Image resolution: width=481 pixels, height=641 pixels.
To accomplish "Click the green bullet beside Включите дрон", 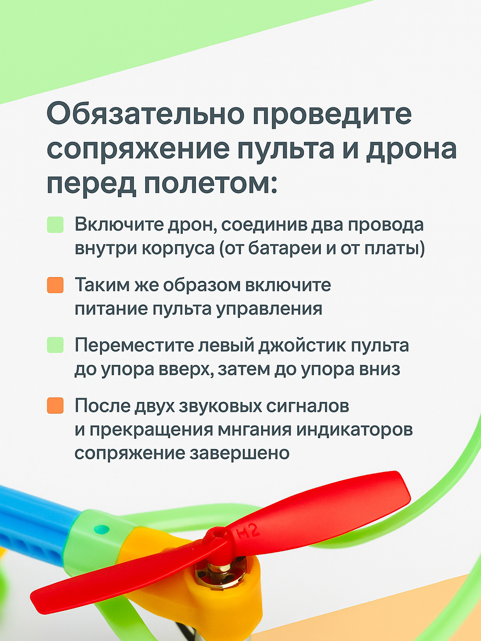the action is (55, 225).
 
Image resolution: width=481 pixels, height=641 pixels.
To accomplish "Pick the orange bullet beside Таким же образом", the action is (55, 285).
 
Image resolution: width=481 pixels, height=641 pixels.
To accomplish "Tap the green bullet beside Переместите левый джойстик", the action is (55, 345).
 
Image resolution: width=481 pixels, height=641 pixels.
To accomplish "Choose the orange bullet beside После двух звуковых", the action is (55, 405).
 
